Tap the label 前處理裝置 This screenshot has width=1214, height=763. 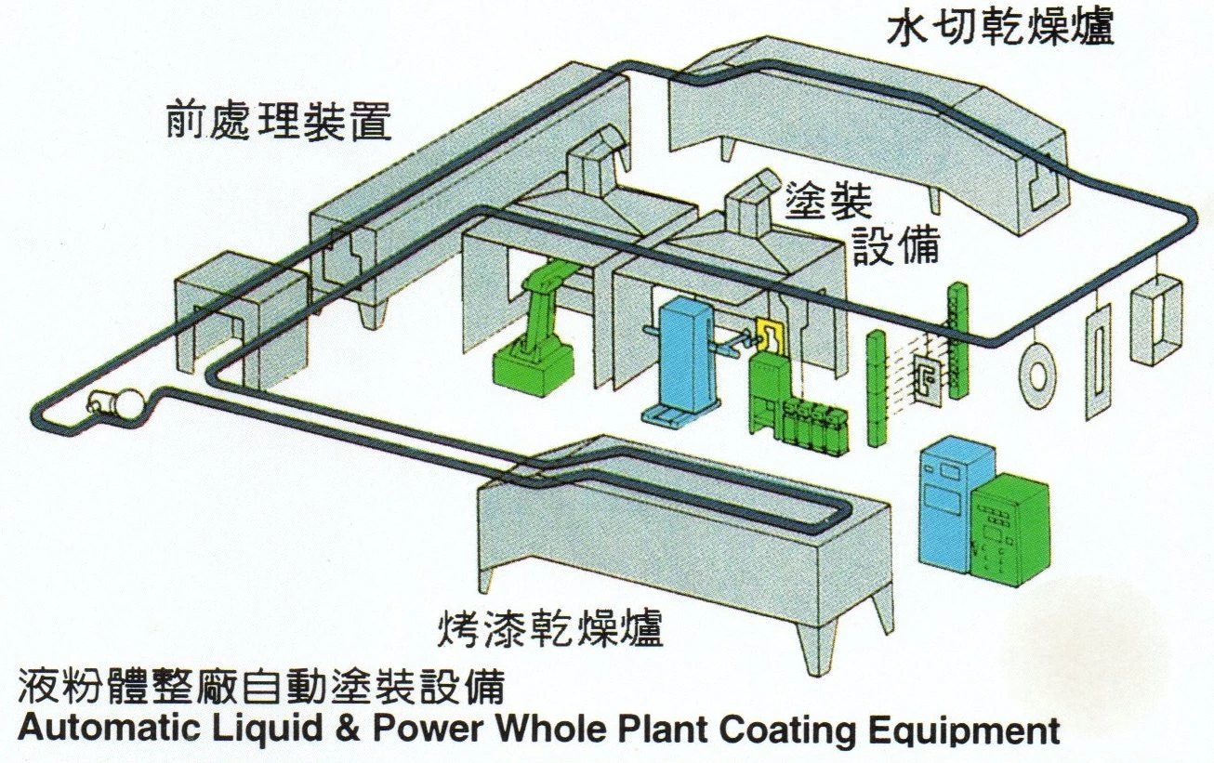click(278, 120)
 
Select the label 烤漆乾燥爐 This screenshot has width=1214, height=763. click(550, 628)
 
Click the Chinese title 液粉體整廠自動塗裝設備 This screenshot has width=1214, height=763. click(262, 689)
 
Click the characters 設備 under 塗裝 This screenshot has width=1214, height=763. click(897, 245)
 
